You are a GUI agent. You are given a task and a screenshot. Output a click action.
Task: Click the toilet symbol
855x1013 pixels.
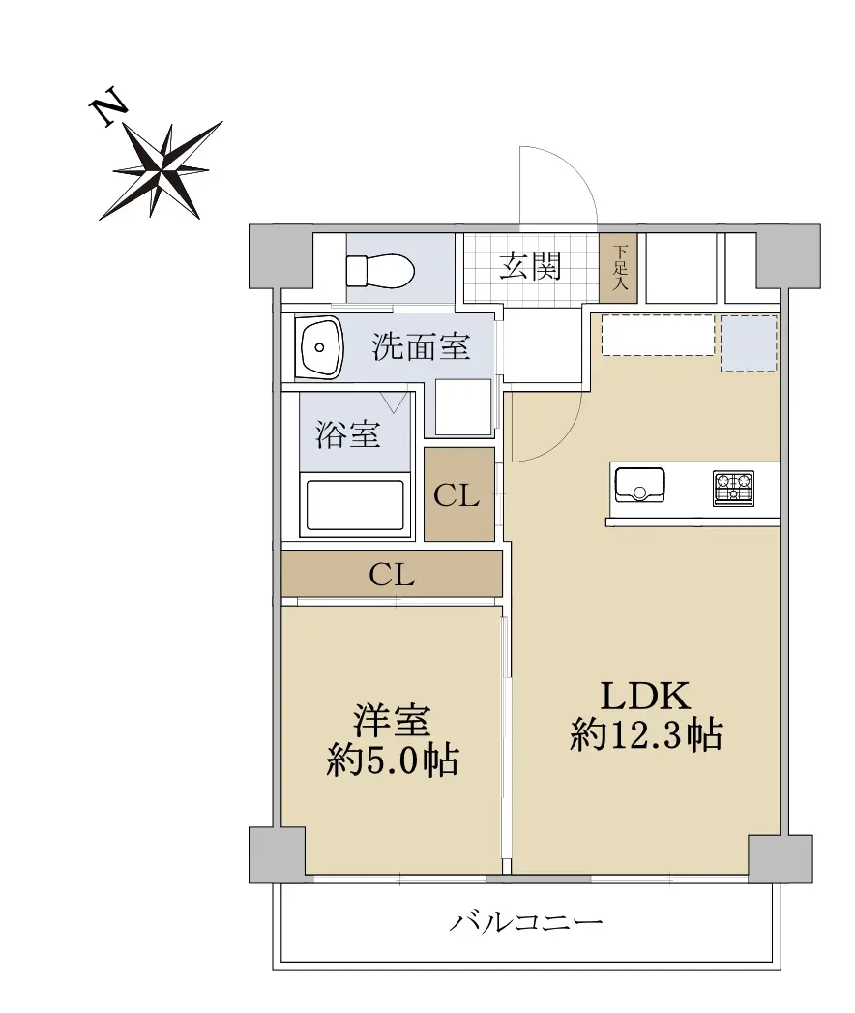click(380, 271)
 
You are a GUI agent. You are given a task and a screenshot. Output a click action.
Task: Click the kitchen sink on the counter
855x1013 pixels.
click(639, 485)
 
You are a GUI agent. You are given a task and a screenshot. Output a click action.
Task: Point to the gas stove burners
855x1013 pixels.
click(733, 488)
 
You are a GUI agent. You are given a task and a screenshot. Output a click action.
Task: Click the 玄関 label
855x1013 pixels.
click(530, 265)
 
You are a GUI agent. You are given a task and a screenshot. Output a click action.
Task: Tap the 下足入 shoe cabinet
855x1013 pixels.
click(619, 267)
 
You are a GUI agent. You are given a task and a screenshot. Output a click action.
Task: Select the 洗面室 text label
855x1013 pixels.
click(421, 347)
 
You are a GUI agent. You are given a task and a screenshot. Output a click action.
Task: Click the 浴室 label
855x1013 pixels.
click(347, 434)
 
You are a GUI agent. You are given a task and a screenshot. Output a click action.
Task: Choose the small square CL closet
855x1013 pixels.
click(459, 494)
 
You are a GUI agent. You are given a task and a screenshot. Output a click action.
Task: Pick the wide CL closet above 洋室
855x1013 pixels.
click(392, 574)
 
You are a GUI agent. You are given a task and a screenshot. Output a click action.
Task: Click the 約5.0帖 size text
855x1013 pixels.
click(392, 760)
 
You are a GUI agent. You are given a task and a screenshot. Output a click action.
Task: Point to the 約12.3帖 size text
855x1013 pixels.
click(646, 734)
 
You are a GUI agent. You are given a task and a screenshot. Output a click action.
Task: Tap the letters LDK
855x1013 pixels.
click(646, 696)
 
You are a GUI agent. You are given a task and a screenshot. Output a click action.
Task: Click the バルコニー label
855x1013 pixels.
click(525, 922)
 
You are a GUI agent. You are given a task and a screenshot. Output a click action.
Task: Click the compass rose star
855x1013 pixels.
click(162, 171)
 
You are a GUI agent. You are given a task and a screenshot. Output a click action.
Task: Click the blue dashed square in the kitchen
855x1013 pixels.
click(749, 343)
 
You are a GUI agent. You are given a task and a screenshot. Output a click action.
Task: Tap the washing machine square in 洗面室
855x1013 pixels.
click(463, 407)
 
